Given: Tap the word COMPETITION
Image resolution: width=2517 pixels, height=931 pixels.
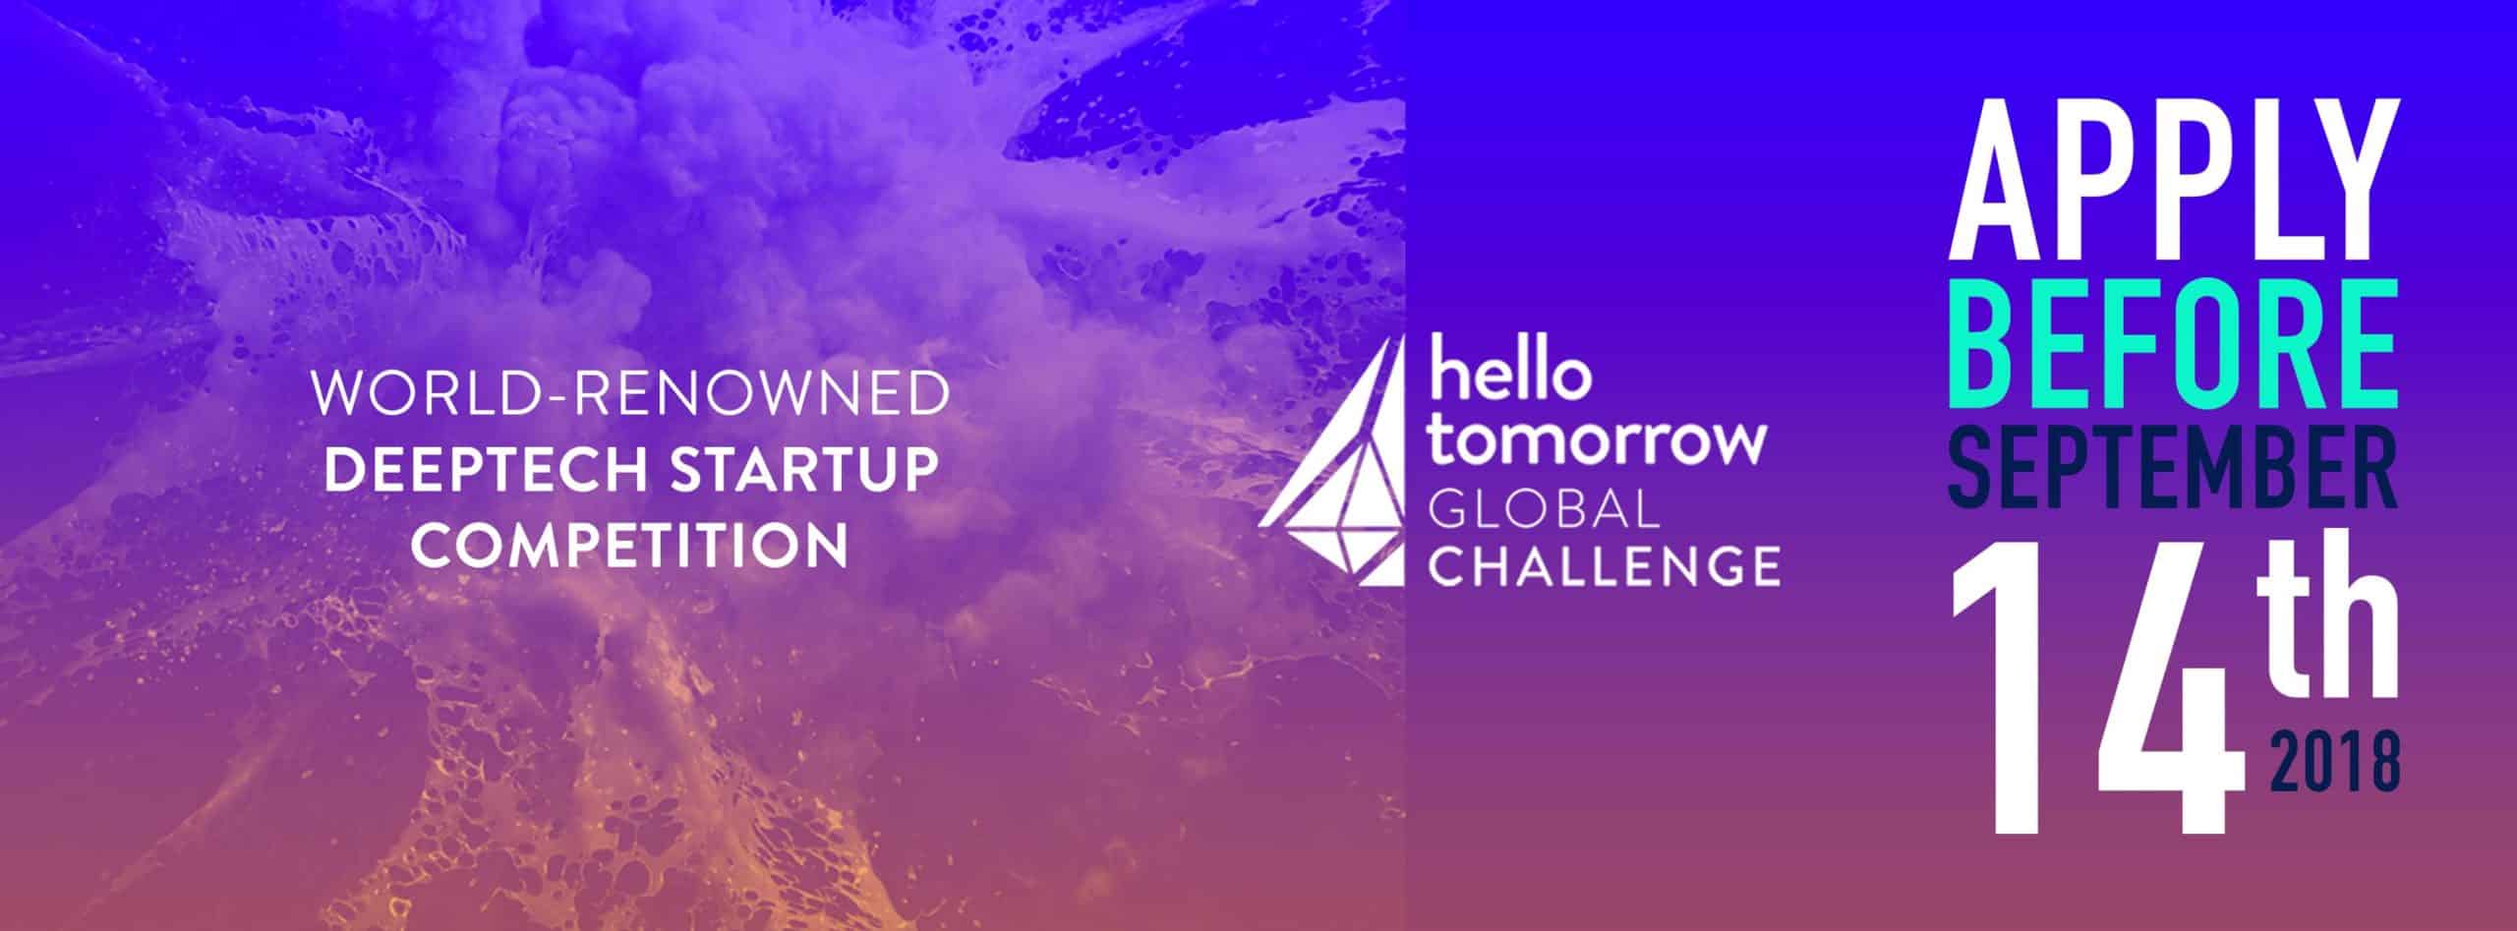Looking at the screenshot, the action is pos(629,545).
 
